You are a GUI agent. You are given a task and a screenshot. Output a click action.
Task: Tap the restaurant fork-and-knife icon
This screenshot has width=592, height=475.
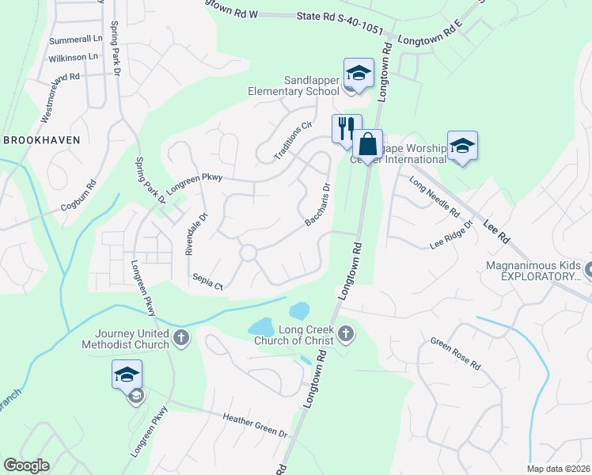coord(346,128)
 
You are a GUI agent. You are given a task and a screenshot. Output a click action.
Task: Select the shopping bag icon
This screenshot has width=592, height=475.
coord(367,144)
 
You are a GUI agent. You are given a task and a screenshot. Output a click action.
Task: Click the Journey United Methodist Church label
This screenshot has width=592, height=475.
coord(131,339)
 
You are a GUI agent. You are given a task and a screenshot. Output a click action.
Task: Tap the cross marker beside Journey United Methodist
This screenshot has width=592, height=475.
coord(181,339)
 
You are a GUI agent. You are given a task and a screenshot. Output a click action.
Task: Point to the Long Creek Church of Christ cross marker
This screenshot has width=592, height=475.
coord(345,335)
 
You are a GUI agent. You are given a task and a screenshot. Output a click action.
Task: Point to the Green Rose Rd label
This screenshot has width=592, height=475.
coord(455,355)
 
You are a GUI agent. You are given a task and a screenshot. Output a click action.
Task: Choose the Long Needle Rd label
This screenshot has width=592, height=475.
coord(434,197)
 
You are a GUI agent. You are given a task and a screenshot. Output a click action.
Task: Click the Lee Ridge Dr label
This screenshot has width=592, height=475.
coord(451,235)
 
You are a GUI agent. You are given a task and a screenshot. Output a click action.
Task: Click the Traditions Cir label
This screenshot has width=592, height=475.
coord(294,141)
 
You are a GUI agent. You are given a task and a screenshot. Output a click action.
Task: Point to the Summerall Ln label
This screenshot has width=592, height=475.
coord(76,39)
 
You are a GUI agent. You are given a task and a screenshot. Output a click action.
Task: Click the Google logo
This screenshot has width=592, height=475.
coord(26,465)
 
